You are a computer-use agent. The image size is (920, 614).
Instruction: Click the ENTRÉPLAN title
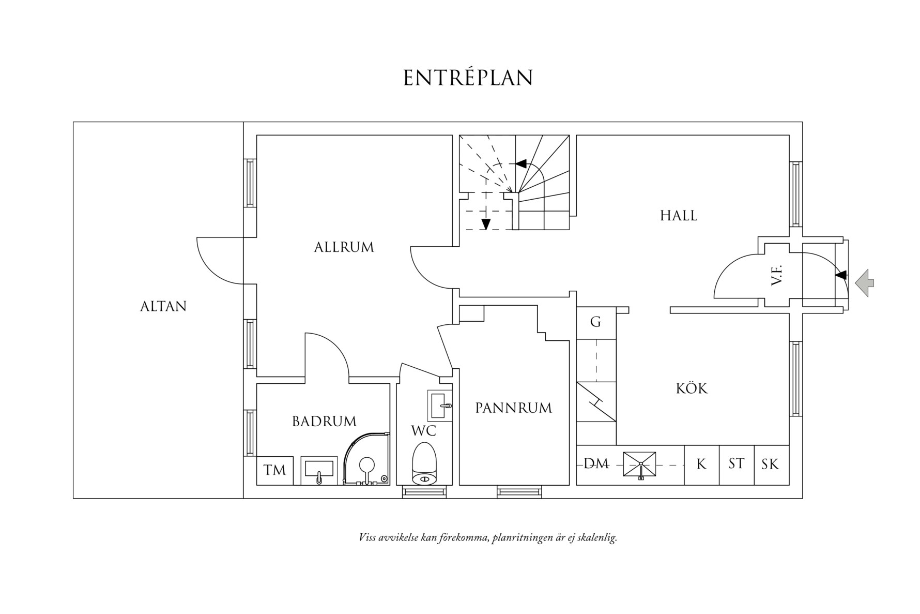click(x=468, y=78)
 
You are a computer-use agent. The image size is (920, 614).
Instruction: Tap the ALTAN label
click(x=163, y=306)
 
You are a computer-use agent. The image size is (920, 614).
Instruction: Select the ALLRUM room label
click(x=344, y=247)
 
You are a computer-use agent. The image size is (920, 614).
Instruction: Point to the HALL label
click(x=678, y=216)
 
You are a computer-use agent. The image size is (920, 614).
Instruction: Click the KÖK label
click(x=692, y=388)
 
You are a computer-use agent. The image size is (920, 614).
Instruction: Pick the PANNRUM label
click(x=513, y=408)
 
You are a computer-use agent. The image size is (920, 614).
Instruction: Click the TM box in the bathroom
click(x=275, y=470)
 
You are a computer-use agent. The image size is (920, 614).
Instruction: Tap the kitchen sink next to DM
click(x=639, y=465)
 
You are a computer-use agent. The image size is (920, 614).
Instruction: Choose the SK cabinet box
click(x=770, y=465)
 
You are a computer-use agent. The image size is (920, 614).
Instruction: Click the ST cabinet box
click(x=736, y=464)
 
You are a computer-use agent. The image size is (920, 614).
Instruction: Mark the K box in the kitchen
click(x=701, y=465)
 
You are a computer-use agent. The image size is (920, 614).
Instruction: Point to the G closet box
click(x=596, y=322)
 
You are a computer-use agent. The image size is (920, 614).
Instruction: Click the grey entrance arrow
click(x=864, y=283)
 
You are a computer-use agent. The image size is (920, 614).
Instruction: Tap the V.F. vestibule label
click(x=777, y=275)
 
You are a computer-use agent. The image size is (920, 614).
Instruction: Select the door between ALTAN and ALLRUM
click(x=220, y=261)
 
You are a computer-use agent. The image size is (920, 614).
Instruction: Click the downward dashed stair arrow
click(x=485, y=222)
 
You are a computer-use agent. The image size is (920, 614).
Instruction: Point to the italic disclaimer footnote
click(x=488, y=537)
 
